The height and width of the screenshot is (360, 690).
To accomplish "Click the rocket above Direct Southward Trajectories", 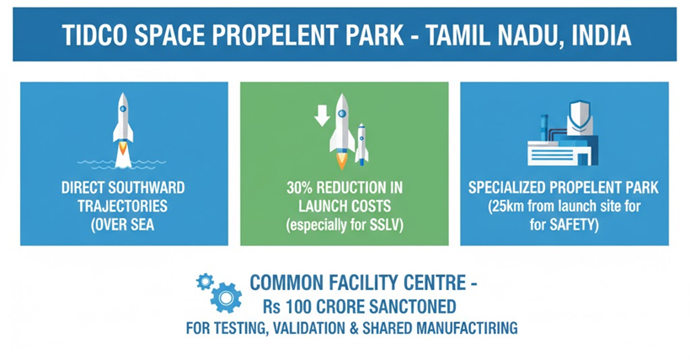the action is click(123, 130).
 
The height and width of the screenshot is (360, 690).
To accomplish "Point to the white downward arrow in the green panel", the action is click(322, 116).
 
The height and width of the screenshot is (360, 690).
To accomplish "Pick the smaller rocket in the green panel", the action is click(361, 144).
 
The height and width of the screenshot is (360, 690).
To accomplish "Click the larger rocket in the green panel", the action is click(342, 132).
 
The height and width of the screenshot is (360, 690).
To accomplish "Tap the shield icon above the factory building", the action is click(579, 117).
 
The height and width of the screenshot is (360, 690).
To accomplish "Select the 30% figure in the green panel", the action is click(299, 188).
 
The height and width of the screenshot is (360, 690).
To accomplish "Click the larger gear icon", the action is click(226, 298).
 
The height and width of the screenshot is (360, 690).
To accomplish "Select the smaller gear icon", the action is click(205, 282).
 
